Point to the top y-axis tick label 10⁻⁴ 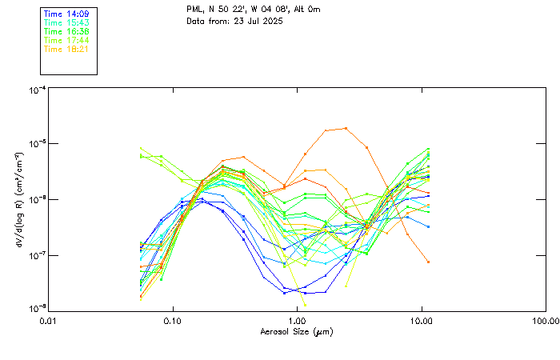pyautogui.click(x=36, y=90)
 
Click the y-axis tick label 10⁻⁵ pyautogui.click(x=36, y=145)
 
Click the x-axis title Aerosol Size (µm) pyautogui.click(x=297, y=331)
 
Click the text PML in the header pyautogui.click(x=194, y=10)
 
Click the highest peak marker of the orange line pyautogui.click(x=346, y=128)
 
